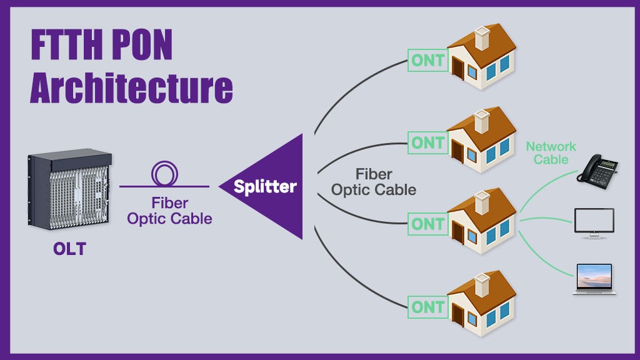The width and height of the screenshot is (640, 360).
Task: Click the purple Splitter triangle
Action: point(275,186)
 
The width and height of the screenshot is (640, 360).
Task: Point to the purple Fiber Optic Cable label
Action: point(169,211)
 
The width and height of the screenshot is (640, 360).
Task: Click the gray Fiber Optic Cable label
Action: point(374,181)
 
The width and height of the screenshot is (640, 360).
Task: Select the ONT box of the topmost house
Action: point(427,61)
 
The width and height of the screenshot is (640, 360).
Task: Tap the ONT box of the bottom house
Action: point(427,307)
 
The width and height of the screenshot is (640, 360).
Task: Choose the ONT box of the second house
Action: point(427,142)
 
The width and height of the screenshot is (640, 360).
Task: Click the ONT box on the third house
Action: point(427,224)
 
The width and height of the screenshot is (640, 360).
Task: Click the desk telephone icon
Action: point(597,169)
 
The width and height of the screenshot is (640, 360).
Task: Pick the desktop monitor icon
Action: point(594,222)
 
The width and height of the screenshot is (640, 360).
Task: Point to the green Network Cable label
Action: point(551,153)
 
